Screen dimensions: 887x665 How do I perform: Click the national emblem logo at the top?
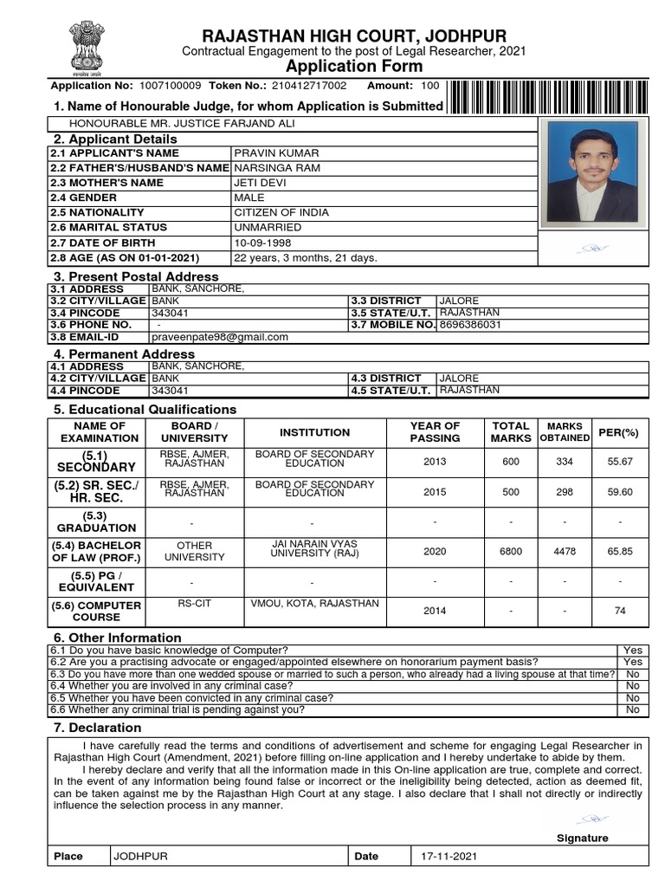(x=85, y=45)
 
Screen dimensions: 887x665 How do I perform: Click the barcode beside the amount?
(x=548, y=97)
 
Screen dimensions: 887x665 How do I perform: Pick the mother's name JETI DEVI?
(x=260, y=183)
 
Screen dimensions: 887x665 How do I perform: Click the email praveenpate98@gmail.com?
(x=220, y=337)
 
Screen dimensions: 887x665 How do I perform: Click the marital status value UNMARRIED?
(x=268, y=227)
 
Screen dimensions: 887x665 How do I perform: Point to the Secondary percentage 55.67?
(x=620, y=462)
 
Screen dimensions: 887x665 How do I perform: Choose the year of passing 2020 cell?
(x=435, y=551)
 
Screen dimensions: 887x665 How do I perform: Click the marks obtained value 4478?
(x=565, y=551)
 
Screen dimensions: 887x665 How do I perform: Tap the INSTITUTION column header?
(x=314, y=432)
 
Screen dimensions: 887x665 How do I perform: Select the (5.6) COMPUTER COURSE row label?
(x=98, y=612)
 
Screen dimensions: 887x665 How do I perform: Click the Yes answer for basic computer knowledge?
(x=633, y=650)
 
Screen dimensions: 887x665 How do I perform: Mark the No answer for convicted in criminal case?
(x=633, y=697)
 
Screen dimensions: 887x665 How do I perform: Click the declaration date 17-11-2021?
(x=449, y=856)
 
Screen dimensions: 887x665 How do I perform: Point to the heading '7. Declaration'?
(x=97, y=728)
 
